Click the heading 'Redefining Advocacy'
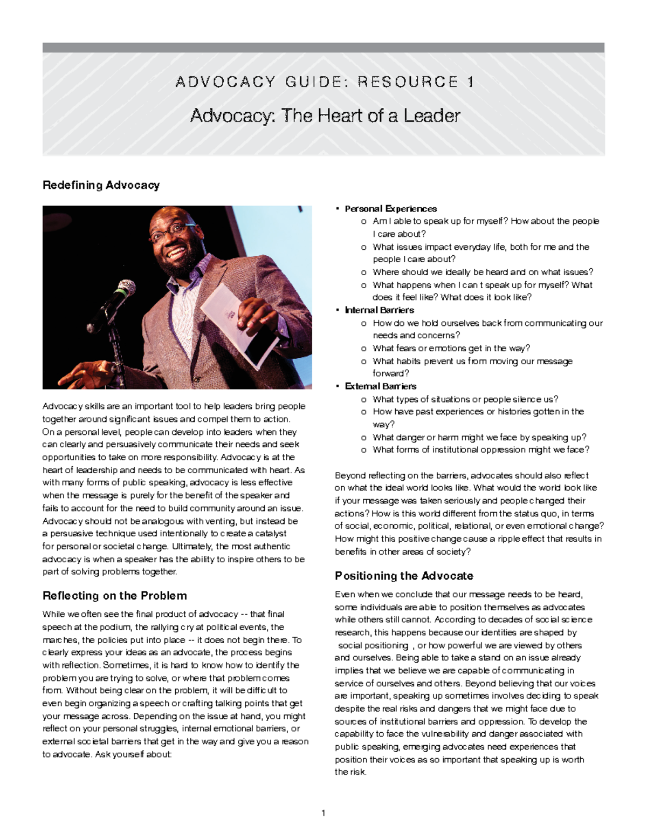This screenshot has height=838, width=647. coord(101,185)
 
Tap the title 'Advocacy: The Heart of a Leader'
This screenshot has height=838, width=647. coord(325,115)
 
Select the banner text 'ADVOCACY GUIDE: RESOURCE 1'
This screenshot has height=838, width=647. coord(325,82)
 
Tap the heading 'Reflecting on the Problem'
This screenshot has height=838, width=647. coord(114,596)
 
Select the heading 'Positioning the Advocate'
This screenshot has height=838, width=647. coord(404,576)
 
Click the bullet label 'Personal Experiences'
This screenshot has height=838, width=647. coord(390,209)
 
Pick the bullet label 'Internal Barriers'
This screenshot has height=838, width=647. coord(379,310)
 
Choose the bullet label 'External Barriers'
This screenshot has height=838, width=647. coord(380,386)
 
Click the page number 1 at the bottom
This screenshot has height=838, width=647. coord(323,813)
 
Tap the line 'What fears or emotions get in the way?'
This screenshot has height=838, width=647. coord(451,349)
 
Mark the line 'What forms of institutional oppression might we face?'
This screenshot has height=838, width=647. coord(480,450)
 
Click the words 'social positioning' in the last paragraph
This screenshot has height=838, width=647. coord(373,645)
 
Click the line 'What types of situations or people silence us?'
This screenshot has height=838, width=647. coord(465,399)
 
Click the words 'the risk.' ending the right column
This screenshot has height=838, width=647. coord(350,772)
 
